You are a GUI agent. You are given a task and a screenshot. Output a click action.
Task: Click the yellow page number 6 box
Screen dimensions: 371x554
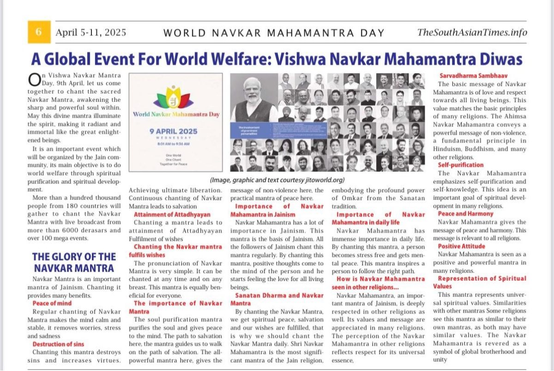coord(39,32)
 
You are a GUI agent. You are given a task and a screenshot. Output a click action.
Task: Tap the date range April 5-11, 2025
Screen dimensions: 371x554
coord(91,33)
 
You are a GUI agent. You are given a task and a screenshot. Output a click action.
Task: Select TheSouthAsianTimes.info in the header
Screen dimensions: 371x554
coord(472,33)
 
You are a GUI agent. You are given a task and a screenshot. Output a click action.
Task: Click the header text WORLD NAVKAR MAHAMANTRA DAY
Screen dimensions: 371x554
coord(274,33)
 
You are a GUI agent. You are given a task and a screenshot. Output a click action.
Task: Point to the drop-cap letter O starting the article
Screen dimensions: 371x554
coord(34,79)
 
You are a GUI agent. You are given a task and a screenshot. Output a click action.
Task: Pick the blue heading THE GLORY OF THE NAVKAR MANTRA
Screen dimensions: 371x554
coord(74,262)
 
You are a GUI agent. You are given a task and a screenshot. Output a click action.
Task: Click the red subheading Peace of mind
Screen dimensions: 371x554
coord(52,304)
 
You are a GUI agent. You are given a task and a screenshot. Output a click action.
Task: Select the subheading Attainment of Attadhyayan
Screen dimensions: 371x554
coord(172,214)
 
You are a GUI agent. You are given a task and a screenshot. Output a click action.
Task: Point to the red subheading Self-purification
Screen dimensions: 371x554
coord(461,165)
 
